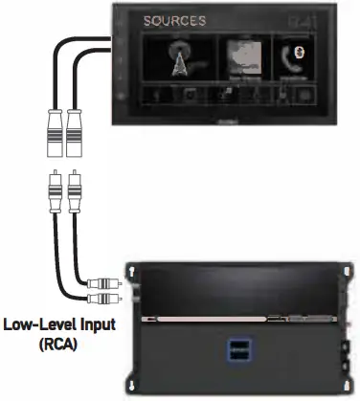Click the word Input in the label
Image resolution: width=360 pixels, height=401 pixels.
[x=95, y=325]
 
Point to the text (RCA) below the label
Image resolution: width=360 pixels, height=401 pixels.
[x=57, y=343]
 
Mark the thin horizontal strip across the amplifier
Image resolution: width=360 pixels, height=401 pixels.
[x=239, y=317]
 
